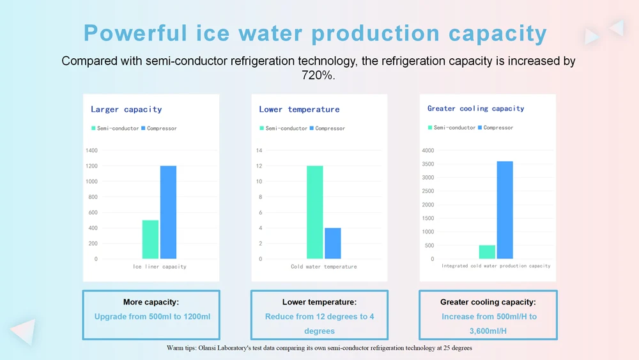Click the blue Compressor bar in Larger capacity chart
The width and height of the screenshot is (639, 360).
[x=168, y=212]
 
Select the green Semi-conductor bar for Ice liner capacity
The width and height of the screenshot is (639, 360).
[x=150, y=239]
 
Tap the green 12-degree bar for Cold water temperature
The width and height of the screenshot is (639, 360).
[x=314, y=212]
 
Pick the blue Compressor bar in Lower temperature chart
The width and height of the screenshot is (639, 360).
[x=332, y=243]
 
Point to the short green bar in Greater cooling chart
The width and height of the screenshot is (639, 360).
[x=487, y=252]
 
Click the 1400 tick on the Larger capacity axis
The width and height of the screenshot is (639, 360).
[x=91, y=151]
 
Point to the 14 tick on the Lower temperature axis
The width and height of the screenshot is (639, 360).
[x=259, y=151]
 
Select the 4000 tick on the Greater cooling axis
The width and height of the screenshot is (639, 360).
[x=428, y=151]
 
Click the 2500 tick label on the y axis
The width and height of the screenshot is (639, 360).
[x=428, y=191]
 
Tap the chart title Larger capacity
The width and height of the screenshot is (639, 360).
[x=127, y=109]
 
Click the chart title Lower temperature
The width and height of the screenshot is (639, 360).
[x=299, y=109]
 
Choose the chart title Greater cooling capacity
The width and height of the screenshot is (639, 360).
[x=476, y=109]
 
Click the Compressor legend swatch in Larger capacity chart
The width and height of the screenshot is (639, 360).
[x=143, y=129]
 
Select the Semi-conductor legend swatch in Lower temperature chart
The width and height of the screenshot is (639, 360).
[x=262, y=129]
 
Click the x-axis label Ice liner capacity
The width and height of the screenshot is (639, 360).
[x=160, y=267]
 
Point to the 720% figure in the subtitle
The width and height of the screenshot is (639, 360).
[x=318, y=75]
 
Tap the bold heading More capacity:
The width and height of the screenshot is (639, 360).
[x=151, y=302]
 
